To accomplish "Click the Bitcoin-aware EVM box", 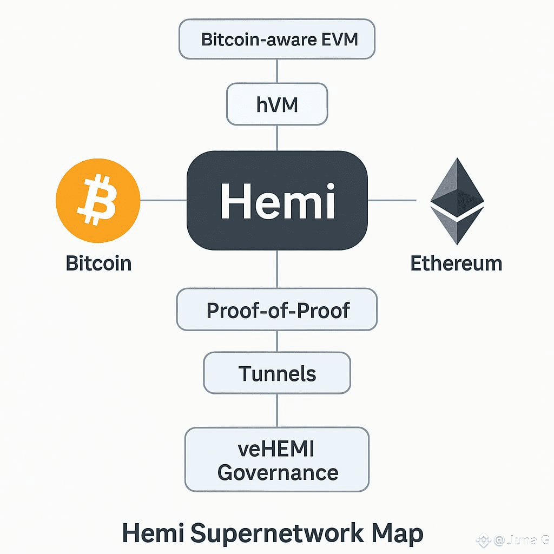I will coord(277,39).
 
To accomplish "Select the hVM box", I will coord(277,104).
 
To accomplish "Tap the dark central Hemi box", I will coord(277,201).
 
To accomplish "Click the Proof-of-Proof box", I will coord(277,310).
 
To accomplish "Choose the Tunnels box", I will coord(277,373).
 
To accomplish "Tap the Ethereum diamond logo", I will coord(457,201).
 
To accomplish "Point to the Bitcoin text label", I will coord(98,263).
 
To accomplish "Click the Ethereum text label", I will coord(456,263).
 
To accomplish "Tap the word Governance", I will coord(278,472).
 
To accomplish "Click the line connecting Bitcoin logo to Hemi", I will coord(163,201).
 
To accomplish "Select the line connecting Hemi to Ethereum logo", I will coord(392,201).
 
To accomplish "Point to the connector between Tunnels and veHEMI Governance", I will coord(277,411).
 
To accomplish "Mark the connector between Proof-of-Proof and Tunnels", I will coord(277,341).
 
